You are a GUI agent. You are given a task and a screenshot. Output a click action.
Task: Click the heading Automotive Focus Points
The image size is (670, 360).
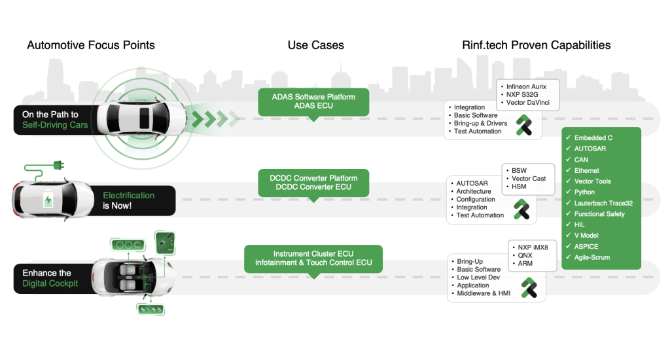[x=91, y=45]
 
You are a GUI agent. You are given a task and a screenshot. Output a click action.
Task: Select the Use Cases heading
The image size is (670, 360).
[x=315, y=45]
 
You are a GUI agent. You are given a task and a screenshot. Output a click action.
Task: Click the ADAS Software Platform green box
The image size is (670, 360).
[x=313, y=101]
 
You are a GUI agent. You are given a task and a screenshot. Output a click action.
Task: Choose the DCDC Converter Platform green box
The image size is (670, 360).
[x=313, y=183]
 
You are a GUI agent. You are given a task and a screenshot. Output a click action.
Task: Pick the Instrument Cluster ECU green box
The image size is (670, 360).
[x=313, y=259]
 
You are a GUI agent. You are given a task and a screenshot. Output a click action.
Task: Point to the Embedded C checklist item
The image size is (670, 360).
[x=593, y=138]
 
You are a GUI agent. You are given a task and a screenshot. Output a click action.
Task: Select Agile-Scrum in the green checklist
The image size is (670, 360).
[x=591, y=257]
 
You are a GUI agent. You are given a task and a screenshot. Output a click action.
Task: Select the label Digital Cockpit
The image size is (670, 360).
[x=50, y=283]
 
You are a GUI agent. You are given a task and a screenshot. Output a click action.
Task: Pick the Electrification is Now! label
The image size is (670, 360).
[x=128, y=200]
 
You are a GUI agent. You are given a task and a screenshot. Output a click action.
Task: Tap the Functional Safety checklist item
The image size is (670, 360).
[x=599, y=214]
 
